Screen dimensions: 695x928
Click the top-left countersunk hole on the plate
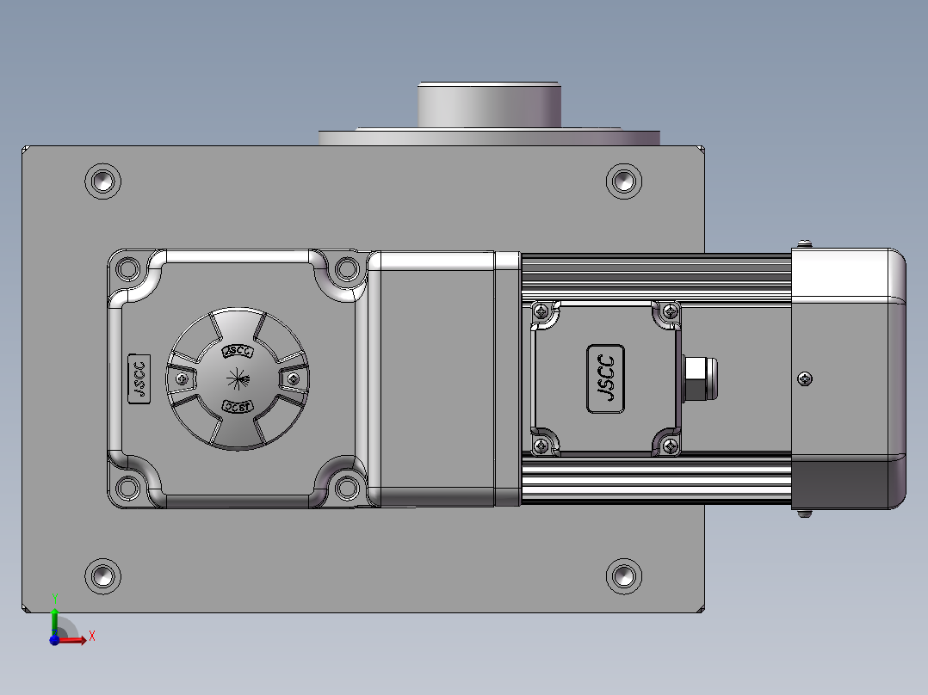coord(103,181)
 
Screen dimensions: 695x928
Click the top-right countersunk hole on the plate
coord(623,181)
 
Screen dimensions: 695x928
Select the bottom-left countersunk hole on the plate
coord(103,575)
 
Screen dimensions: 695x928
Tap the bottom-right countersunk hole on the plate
coord(623,575)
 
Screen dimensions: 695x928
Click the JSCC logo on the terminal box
coord(606,378)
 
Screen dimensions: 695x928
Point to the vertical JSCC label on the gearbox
coord(139,378)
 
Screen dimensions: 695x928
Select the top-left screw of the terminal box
coord(541,311)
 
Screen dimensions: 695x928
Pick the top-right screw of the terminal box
coord(669,311)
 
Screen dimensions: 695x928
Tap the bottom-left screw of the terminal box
coord(541,445)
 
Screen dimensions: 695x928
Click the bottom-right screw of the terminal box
coord(669,445)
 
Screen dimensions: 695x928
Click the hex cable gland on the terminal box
coord(695,378)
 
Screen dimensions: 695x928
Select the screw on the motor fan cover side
coord(805,378)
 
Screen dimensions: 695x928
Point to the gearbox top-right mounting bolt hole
coord(347,268)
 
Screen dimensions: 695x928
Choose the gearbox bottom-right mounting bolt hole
coord(347,488)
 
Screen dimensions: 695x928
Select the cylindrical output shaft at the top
coord(489,105)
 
